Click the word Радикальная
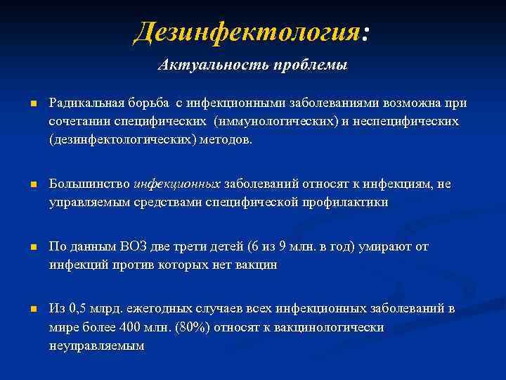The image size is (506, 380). pos(86,103)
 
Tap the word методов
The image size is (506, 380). pos(226,139)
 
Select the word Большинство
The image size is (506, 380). pos(89,184)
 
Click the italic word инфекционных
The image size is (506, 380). pos(177,184)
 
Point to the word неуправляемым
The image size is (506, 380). pos(96,345)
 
